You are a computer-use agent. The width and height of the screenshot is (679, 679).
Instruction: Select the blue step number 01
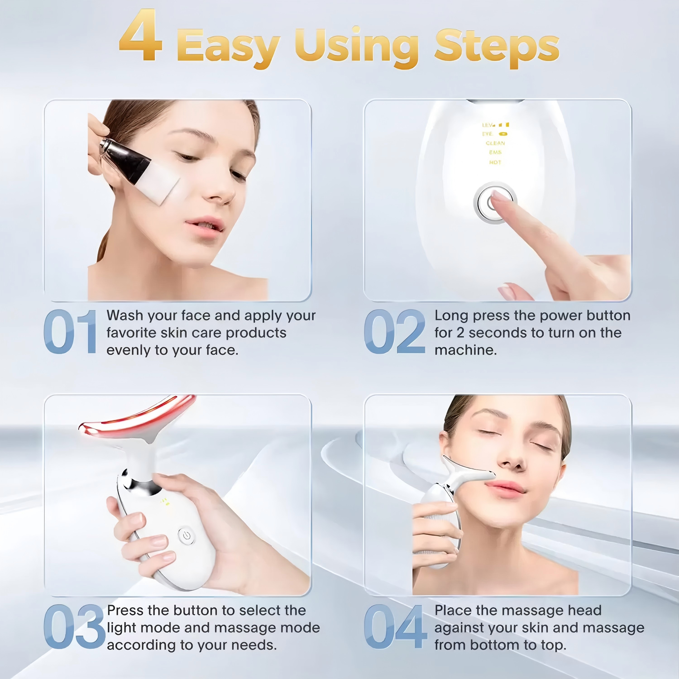tap(70, 332)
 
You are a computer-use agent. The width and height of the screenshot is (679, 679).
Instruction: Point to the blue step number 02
tap(394, 332)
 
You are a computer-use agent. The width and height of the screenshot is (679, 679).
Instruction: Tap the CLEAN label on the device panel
tap(495, 143)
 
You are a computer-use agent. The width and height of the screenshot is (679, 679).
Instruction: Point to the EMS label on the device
tap(495, 152)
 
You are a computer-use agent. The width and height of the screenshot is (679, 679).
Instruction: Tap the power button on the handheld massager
tap(187, 536)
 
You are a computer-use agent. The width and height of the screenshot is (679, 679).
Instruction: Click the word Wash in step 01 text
tap(124, 316)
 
